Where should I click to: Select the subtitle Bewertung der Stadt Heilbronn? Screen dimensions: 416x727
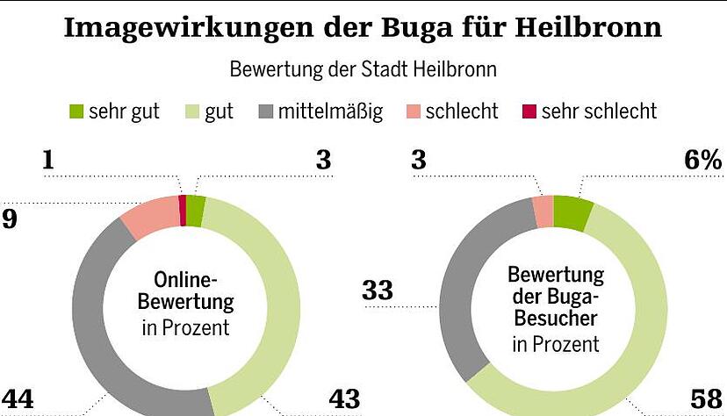(x=363, y=69)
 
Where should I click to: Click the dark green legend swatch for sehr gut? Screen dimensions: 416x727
(x=76, y=112)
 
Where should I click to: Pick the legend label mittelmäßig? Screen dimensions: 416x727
(x=330, y=112)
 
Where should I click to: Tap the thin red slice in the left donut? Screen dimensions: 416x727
(x=183, y=211)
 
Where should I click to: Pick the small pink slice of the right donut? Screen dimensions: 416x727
(x=543, y=212)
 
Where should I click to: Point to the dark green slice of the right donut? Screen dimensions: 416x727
(x=572, y=213)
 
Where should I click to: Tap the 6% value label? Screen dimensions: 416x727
(x=702, y=161)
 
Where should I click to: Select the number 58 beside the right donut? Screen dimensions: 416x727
(x=707, y=399)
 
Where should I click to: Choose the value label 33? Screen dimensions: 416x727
(x=378, y=290)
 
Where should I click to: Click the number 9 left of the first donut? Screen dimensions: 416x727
(x=9, y=219)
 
